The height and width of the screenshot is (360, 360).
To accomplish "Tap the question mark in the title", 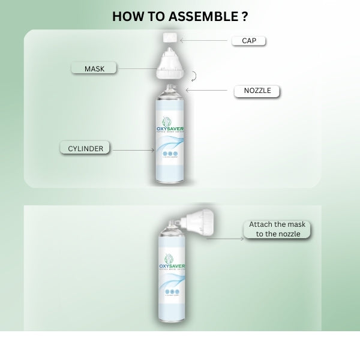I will coord(244,16).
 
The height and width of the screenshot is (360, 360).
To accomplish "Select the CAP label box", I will coord(248,41).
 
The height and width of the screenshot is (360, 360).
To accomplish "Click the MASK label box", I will coord(94,68).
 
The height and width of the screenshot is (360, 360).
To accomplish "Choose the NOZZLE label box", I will coord(257,91).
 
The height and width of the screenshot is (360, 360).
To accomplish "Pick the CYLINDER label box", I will coord(85,148).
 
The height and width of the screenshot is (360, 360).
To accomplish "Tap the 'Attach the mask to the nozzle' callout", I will coord(277,229).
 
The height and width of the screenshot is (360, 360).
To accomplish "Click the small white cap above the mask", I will coord(169,38).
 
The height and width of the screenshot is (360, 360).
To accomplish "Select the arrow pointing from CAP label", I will coord(205,41).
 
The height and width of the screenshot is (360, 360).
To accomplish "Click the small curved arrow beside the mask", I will coord(193,76).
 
